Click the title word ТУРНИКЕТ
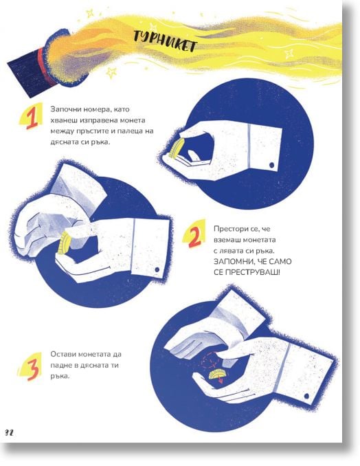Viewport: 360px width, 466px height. (x=165, y=42)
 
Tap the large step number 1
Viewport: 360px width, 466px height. (x=32, y=118)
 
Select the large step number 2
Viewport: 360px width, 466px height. (x=195, y=236)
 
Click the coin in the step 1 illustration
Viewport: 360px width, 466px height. (x=176, y=149)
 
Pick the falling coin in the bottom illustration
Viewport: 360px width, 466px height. (x=218, y=374)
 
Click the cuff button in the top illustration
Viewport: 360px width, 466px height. (x=272, y=165)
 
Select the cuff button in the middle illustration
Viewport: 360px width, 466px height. (x=157, y=269)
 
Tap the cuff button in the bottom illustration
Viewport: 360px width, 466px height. (x=307, y=396)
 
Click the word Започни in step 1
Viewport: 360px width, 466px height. (x=62, y=109)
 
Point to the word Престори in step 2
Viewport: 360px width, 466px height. (x=227, y=229)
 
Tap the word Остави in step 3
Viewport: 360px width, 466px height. (x=62, y=354)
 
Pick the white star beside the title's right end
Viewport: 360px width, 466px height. (x=289, y=54)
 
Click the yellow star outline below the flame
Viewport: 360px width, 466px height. (x=111, y=72)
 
